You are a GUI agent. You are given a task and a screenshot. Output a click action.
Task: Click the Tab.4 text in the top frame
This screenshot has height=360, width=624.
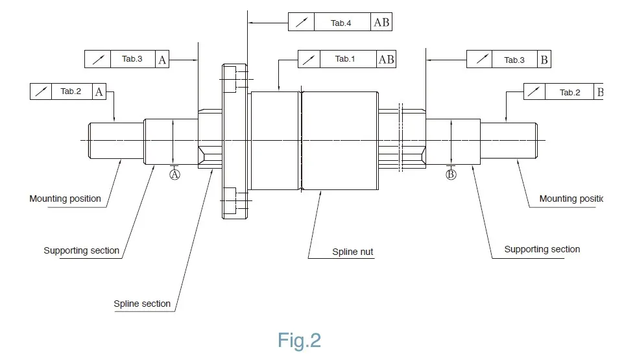pyautogui.click(x=341, y=23)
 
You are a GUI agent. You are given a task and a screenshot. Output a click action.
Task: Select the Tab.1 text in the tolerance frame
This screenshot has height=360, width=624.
pyautogui.click(x=345, y=59)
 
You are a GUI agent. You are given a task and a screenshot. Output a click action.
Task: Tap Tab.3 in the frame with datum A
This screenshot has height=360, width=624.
pyautogui.click(x=132, y=59)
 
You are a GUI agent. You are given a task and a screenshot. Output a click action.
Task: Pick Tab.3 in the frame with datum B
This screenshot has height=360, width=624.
pyautogui.click(x=514, y=60)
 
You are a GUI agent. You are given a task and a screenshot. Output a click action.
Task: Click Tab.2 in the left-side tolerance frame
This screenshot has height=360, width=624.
pyautogui.click(x=71, y=91)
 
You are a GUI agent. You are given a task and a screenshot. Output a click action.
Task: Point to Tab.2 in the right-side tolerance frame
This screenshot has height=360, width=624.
pyautogui.click(x=570, y=92)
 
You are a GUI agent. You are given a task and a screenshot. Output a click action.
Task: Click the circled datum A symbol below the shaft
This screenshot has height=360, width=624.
pyautogui.click(x=174, y=174)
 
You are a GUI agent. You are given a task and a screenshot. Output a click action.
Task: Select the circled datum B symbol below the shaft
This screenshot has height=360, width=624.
pyautogui.click(x=451, y=174)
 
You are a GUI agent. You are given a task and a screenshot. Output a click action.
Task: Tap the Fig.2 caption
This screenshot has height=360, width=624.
pyautogui.click(x=300, y=340)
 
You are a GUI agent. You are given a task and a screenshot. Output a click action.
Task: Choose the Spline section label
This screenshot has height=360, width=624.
pyautogui.click(x=142, y=304)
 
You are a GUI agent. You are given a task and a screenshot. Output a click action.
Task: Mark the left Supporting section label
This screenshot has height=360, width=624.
pyautogui.click(x=82, y=250)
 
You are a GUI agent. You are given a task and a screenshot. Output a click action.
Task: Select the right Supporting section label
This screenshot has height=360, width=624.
pyautogui.click(x=542, y=249)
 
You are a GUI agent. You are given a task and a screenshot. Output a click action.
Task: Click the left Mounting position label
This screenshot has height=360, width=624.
pyautogui.click(x=66, y=198)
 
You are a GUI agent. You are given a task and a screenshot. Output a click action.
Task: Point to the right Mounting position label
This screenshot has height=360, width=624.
pyautogui.click(x=571, y=198)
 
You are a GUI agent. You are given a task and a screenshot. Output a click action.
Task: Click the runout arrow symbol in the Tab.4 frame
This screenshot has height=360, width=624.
pyautogui.click(x=301, y=23)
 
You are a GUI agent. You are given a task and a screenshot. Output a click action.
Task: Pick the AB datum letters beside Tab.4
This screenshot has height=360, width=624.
pyautogui.click(x=382, y=23)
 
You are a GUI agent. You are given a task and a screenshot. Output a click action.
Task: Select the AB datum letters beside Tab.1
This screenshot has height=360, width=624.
pyautogui.click(x=386, y=59)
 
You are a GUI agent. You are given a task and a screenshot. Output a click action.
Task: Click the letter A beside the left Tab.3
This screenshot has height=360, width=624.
pyautogui.click(x=163, y=60)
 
